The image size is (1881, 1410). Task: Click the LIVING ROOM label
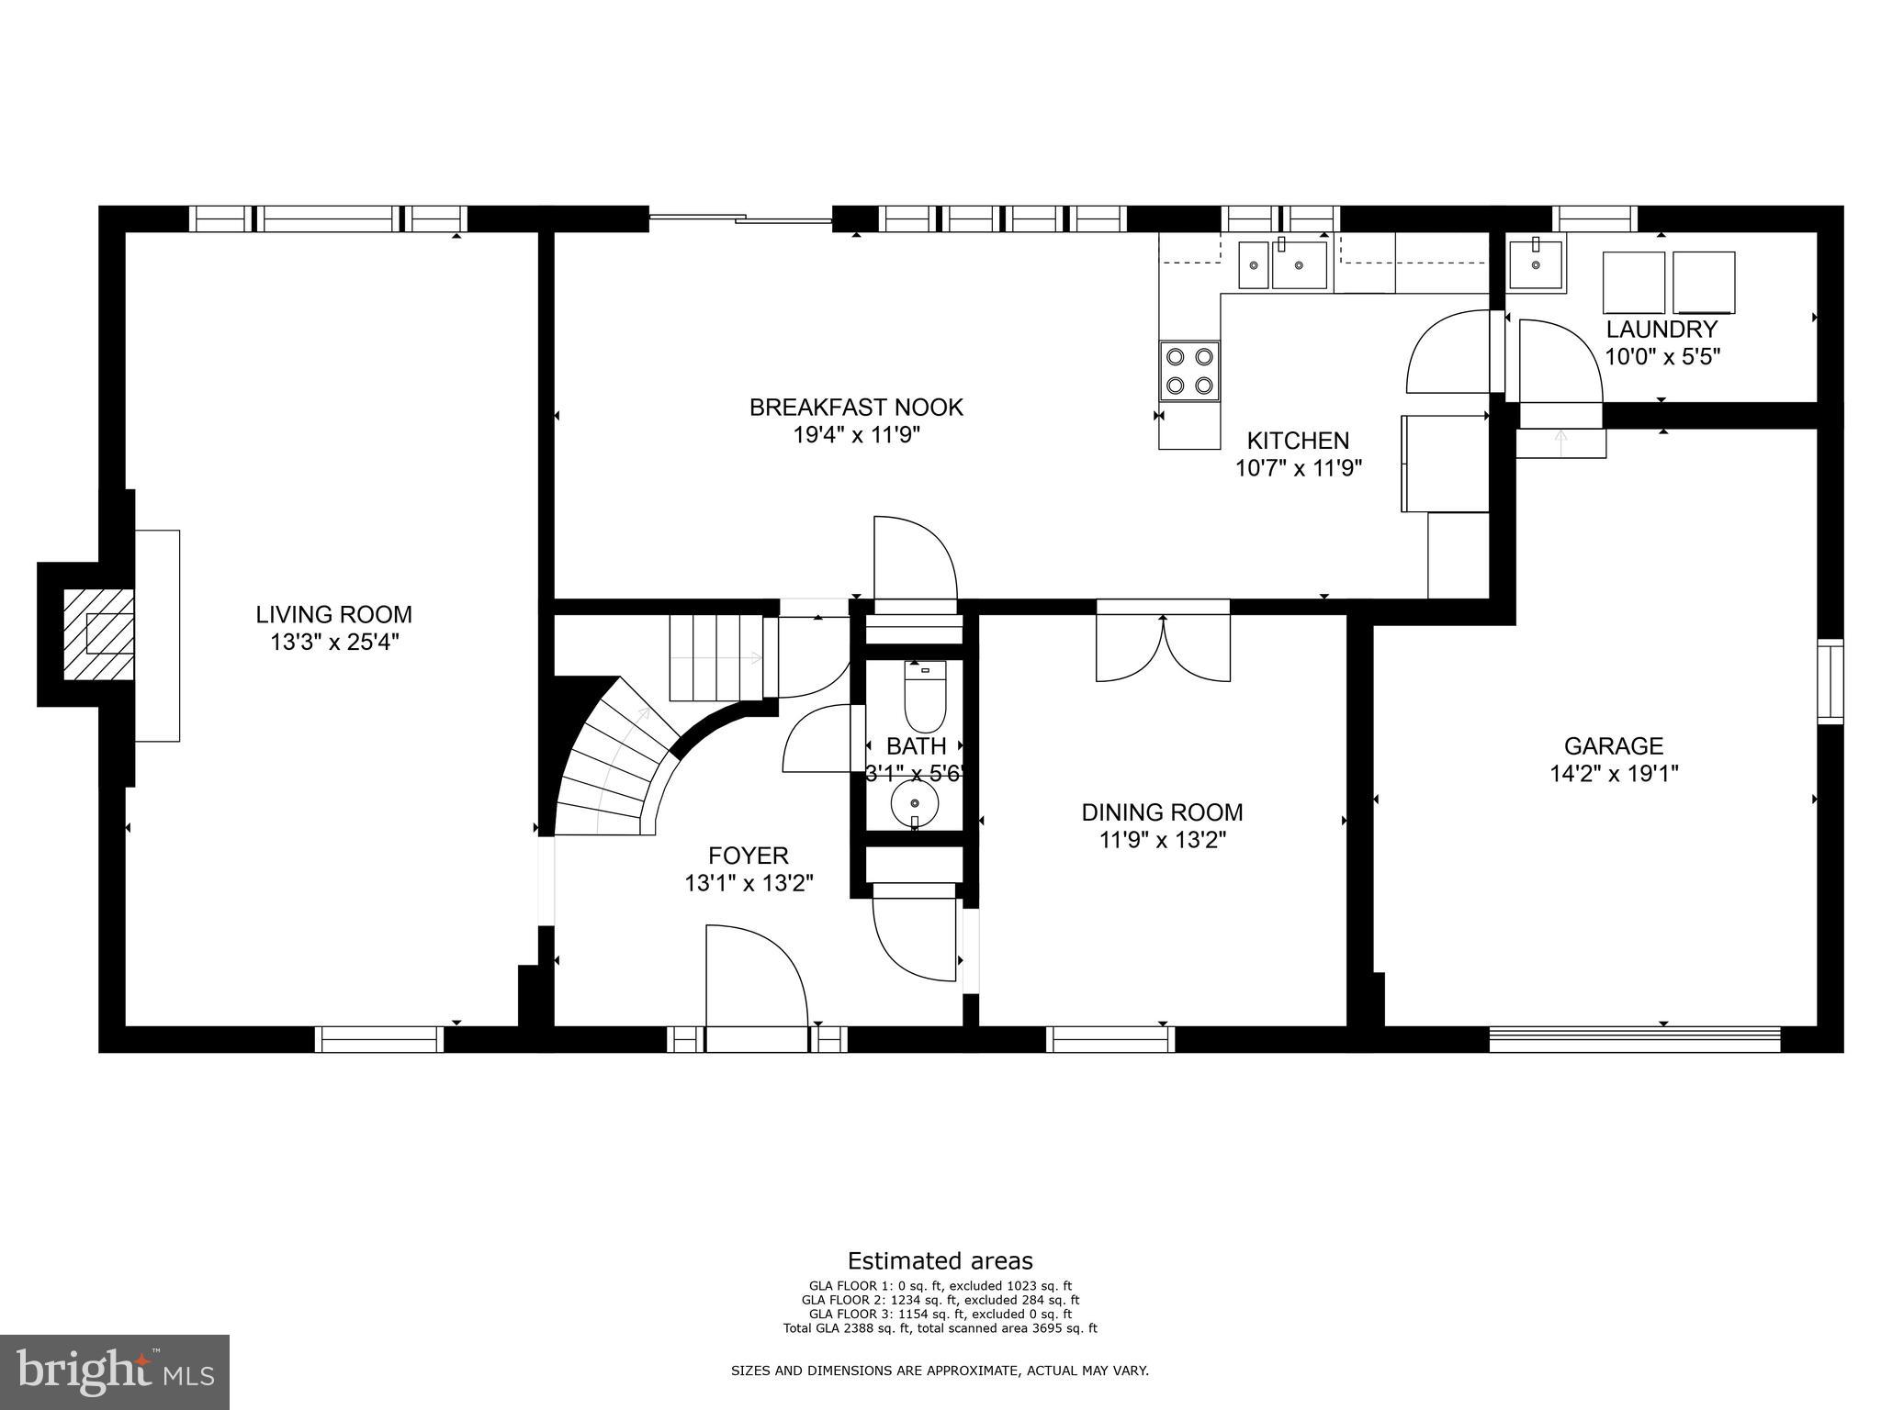pyautogui.click(x=333, y=614)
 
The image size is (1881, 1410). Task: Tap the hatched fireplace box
pyautogui.click(x=98, y=634)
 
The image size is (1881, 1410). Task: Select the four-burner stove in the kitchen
pyautogui.click(x=1189, y=371)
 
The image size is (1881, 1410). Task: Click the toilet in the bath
pyautogui.click(x=925, y=696)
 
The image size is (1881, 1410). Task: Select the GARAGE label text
pyautogui.click(x=1614, y=745)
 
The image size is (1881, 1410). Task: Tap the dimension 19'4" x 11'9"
pyautogui.click(x=856, y=435)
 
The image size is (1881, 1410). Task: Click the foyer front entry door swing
pyautogui.click(x=755, y=977)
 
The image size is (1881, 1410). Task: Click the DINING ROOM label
pyautogui.click(x=1162, y=811)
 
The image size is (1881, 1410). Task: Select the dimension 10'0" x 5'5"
pyautogui.click(x=1661, y=356)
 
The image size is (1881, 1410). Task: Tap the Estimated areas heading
pyautogui.click(x=940, y=1260)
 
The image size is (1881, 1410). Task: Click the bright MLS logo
pyautogui.click(x=115, y=1371)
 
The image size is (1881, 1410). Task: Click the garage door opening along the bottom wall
pyautogui.click(x=1634, y=1039)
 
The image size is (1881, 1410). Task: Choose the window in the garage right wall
pyautogui.click(x=1830, y=681)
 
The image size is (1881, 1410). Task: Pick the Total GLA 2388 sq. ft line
pyautogui.click(x=940, y=1327)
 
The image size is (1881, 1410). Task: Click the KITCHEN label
pyautogui.click(x=1297, y=441)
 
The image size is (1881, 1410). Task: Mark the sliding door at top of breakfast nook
pyautogui.click(x=740, y=218)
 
